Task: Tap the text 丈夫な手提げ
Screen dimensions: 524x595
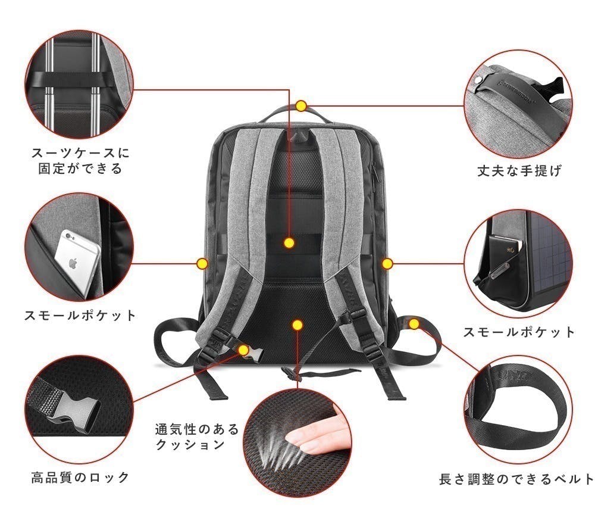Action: coord(519,171)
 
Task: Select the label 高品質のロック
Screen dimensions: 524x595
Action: coord(80,477)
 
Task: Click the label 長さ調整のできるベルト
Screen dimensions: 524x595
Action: coord(516,479)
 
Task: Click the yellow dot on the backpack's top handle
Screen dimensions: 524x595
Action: coord(301,107)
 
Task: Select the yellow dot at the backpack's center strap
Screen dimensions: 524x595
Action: coord(289,242)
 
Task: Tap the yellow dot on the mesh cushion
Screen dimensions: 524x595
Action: coord(297,325)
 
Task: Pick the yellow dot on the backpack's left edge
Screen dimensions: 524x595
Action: coord(202,263)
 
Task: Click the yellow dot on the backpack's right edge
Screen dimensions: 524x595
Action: coord(387,263)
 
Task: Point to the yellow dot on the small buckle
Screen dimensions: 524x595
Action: coord(243,349)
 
